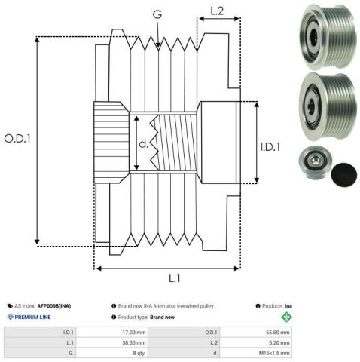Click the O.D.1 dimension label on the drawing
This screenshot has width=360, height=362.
coord(17,139)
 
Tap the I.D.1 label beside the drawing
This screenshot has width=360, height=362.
coord(270,147)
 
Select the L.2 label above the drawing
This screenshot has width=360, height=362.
coord(217,11)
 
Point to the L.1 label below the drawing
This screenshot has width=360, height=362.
coord(175,278)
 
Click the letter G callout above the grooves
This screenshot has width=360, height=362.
coord(157,14)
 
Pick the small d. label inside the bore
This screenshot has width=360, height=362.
coord(144,144)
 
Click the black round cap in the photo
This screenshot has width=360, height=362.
coord(344,174)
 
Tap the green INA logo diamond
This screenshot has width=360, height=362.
coord(286,317)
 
